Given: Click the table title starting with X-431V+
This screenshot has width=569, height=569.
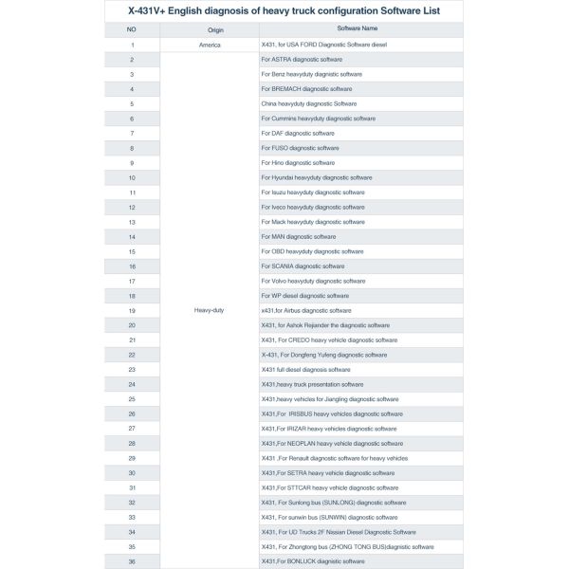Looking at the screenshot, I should pos(284,11).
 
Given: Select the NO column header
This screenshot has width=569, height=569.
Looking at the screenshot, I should pos(131,30).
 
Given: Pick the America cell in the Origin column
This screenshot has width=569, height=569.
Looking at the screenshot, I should pos(210,45).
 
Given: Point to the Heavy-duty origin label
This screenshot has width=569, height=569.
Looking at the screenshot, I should pos(209,310).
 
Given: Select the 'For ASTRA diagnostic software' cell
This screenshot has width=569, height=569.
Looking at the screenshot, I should pos(302,60).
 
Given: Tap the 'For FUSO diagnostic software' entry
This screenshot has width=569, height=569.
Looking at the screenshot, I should pos(300,148).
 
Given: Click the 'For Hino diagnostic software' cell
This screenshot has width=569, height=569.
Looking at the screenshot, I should pos(299,163).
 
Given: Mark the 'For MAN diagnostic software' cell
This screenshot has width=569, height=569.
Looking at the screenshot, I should pos(298,236).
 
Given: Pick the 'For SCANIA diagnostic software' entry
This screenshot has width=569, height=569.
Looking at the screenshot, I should pos(303,266).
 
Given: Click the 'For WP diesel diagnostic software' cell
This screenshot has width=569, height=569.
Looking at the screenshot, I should pos(305,296).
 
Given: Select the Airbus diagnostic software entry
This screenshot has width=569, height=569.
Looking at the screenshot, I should pos(305,310).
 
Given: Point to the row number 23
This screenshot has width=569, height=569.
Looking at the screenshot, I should pos(132,369).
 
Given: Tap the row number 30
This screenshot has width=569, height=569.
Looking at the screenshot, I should pos(132,472).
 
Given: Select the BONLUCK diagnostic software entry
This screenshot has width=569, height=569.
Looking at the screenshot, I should pos(312,561).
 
